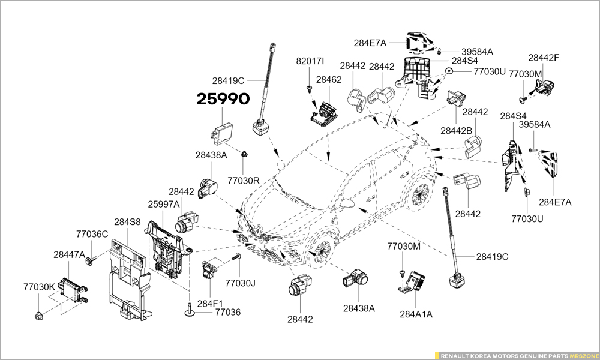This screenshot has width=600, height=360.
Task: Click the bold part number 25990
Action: pyautogui.click(x=223, y=100)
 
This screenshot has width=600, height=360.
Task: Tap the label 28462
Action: pyautogui.click(x=329, y=79)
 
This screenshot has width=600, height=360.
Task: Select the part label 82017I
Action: pyautogui.click(x=310, y=61)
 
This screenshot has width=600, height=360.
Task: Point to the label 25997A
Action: pyautogui.click(x=164, y=204)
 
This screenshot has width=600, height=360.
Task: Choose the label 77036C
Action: pyautogui.click(x=92, y=234)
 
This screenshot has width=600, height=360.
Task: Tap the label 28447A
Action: pyautogui.click(x=69, y=255)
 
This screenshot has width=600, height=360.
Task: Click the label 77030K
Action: pyautogui.click(x=40, y=287)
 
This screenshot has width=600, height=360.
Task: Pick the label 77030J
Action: pyautogui.click(x=241, y=283)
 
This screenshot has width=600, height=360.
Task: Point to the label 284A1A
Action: pyautogui.click(x=416, y=313)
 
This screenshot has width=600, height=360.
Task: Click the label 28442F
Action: pyautogui.click(x=544, y=58)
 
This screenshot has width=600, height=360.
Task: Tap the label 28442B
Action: pyautogui.click(x=456, y=130)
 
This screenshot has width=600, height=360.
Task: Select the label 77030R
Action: pyautogui.click(x=243, y=180)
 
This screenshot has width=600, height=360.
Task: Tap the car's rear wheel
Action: pyautogui.click(x=421, y=193)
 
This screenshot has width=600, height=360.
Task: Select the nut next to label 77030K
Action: pyautogui.click(x=39, y=314)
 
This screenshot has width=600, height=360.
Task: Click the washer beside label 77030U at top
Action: pyautogui.click(x=449, y=71)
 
